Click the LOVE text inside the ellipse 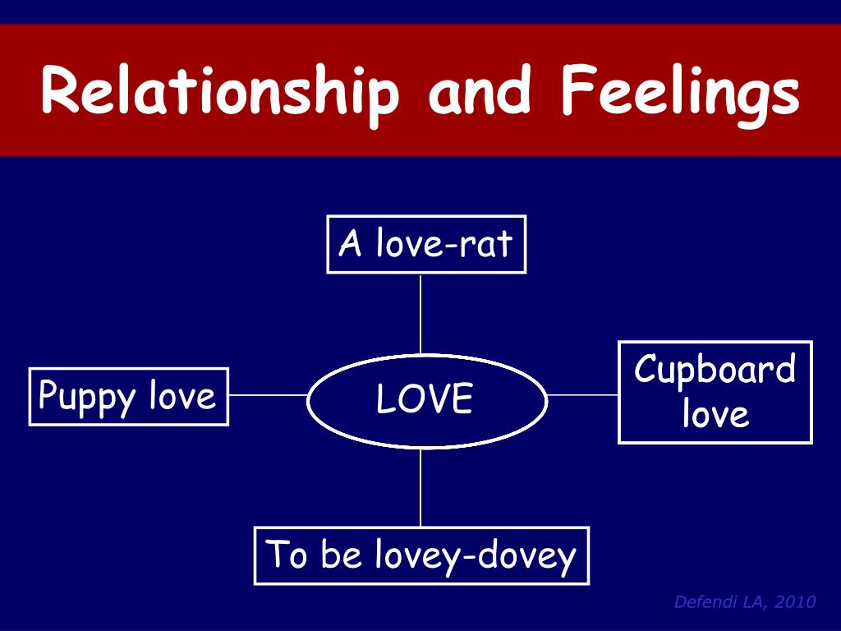pyautogui.click(x=425, y=399)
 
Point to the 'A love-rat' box pyautogui.click(x=426, y=244)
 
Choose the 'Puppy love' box pyautogui.click(x=128, y=397)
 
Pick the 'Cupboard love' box pyautogui.click(x=715, y=392)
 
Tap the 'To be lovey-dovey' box pyautogui.click(x=421, y=555)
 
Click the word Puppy pyautogui.click(x=87, y=398)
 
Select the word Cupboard pyautogui.click(x=715, y=371)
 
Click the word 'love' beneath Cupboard pyautogui.click(x=715, y=414)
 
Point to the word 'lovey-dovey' pyautogui.click(x=476, y=557)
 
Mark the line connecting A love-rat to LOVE pyautogui.click(x=420, y=314)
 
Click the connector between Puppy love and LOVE pyautogui.click(x=268, y=394)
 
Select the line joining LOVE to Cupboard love pyautogui.click(x=582, y=394)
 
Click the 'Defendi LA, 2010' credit pyautogui.click(x=744, y=602)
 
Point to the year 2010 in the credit pyautogui.click(x=795, y=602)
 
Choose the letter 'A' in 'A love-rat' pyautogui.click(x=350, y=244)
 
